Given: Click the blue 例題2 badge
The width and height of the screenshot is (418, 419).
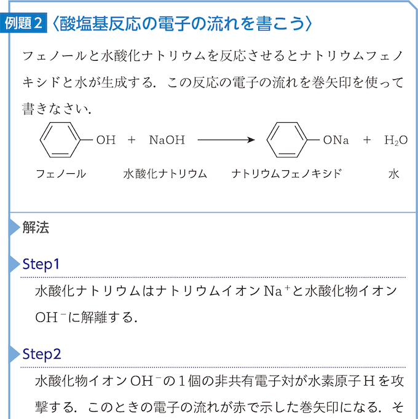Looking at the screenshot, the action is (23, 23).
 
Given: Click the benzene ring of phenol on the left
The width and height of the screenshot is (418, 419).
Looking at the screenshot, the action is (60, 139).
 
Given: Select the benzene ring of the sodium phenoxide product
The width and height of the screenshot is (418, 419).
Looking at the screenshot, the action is (287, 139).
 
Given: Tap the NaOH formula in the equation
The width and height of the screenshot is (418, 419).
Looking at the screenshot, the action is (167, 139).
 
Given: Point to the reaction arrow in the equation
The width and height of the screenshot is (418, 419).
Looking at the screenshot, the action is (226, 139).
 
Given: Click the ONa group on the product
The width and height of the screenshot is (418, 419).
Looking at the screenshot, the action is (336, 139).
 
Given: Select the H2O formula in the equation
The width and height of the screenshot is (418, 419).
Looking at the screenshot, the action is (396, 140).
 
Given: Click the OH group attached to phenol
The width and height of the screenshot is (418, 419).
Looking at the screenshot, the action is (106, 139).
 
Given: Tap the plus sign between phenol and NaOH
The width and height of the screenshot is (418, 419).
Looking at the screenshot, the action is (132, 139).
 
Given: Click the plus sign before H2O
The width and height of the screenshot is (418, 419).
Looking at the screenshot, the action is (367, 139).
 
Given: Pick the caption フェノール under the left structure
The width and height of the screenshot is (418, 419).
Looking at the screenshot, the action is (61, 174).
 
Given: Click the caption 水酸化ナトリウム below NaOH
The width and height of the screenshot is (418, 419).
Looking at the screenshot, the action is (165, 174).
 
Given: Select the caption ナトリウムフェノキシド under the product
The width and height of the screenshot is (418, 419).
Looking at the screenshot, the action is (286, 174).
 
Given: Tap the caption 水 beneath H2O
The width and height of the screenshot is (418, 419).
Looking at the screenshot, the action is (393, 174).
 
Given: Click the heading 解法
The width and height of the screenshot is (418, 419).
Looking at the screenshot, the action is (36, 228).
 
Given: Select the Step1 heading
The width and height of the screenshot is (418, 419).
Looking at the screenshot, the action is (41, 264).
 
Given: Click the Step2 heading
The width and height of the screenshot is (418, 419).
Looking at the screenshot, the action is (42, 354).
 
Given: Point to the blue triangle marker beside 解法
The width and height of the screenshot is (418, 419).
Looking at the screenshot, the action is (15, 228).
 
